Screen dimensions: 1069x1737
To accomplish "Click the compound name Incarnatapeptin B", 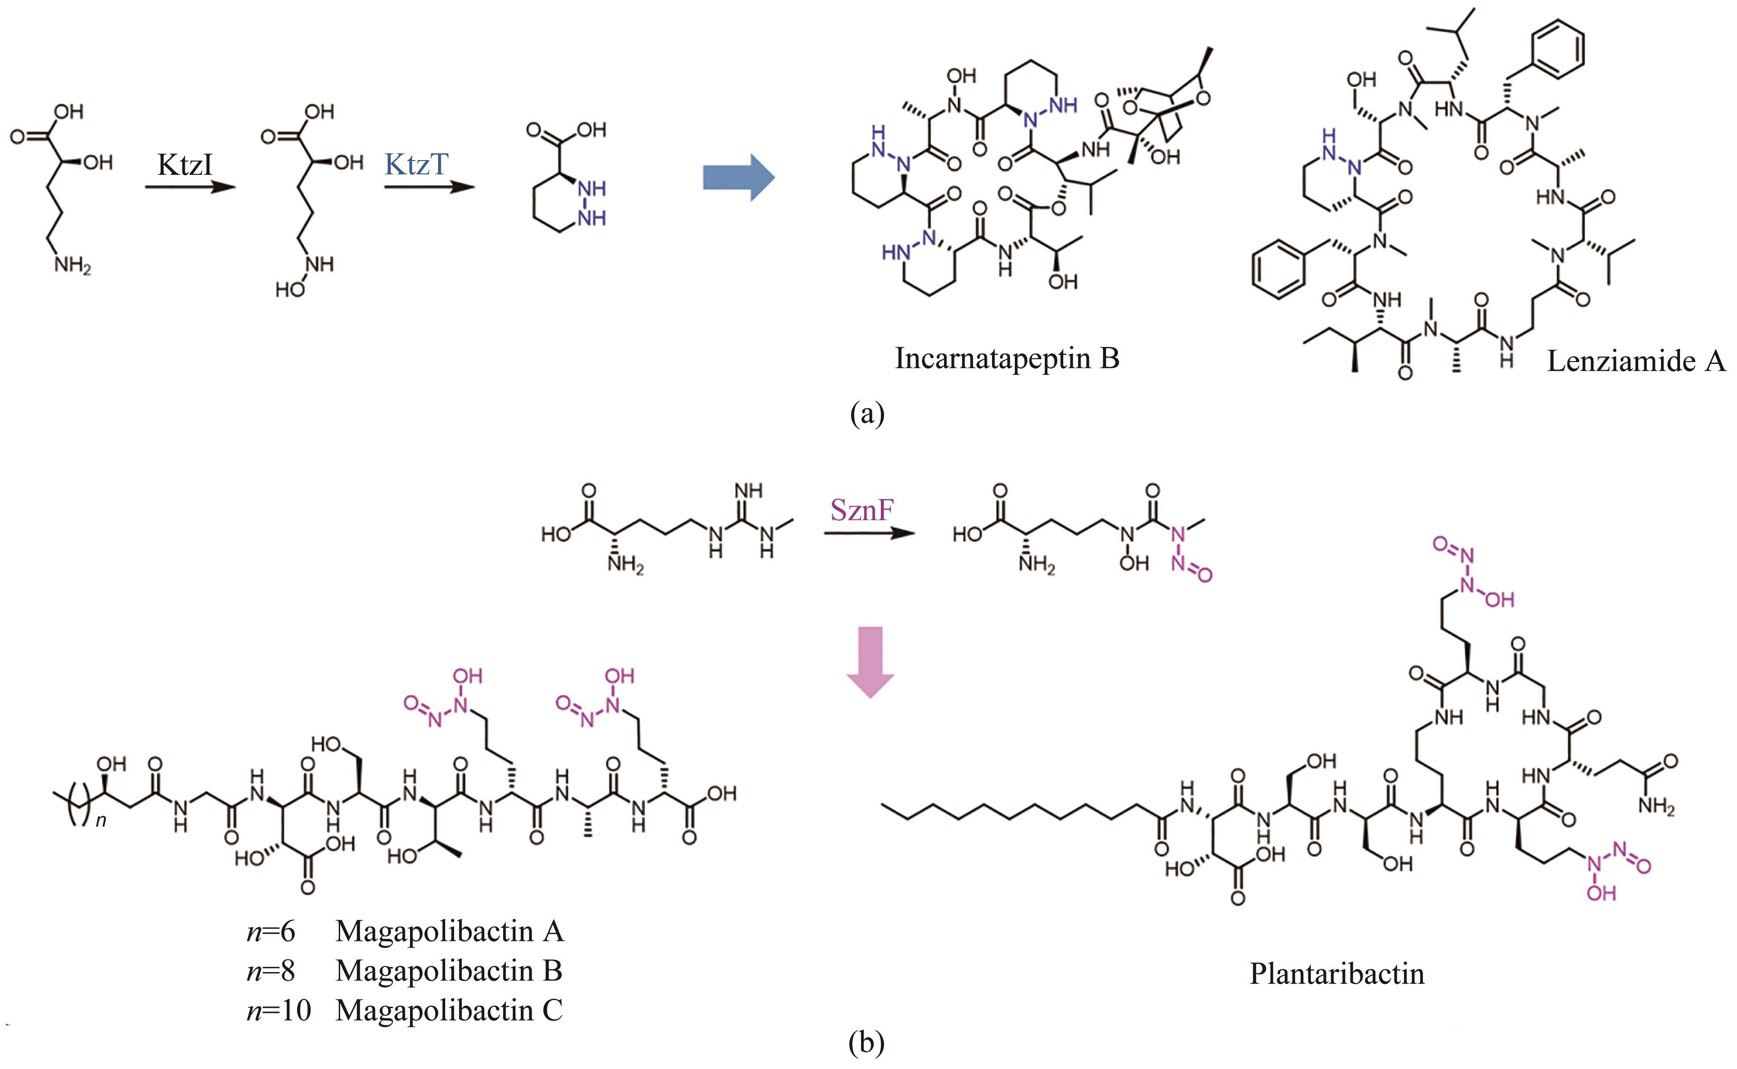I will click(1007, 358).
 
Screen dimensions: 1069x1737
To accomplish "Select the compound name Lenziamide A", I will click(1636, 361).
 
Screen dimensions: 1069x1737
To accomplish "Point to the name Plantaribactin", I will click(1336, 974).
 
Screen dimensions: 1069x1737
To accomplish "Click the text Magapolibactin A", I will click(449, 931).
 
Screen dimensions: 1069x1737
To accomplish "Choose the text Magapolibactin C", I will click(449, 1010).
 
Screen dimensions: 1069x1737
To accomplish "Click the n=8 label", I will click(270, 971).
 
